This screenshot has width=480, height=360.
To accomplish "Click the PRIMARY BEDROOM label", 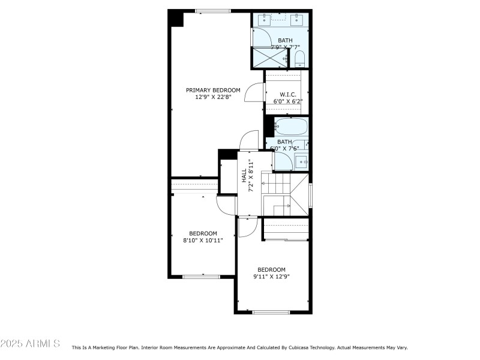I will point(208,90).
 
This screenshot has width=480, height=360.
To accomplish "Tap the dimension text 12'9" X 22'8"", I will point(208,97).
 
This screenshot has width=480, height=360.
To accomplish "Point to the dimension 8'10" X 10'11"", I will point(203,241).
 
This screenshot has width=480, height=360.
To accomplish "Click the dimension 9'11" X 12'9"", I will point(271,277).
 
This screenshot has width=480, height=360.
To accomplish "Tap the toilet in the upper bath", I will point(299,59).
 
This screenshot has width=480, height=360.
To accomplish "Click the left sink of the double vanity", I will point(265,20).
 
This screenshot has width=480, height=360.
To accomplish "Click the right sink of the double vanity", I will point(296,20).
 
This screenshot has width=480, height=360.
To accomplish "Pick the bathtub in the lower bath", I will point(291,127).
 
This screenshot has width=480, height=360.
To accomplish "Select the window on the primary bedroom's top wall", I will point(213,11).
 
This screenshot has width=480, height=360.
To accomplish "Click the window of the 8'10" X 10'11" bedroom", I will point(201,277).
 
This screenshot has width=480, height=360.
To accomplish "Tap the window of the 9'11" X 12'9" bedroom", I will point(271,312).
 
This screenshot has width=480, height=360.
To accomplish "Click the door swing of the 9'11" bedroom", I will point(246,227).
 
